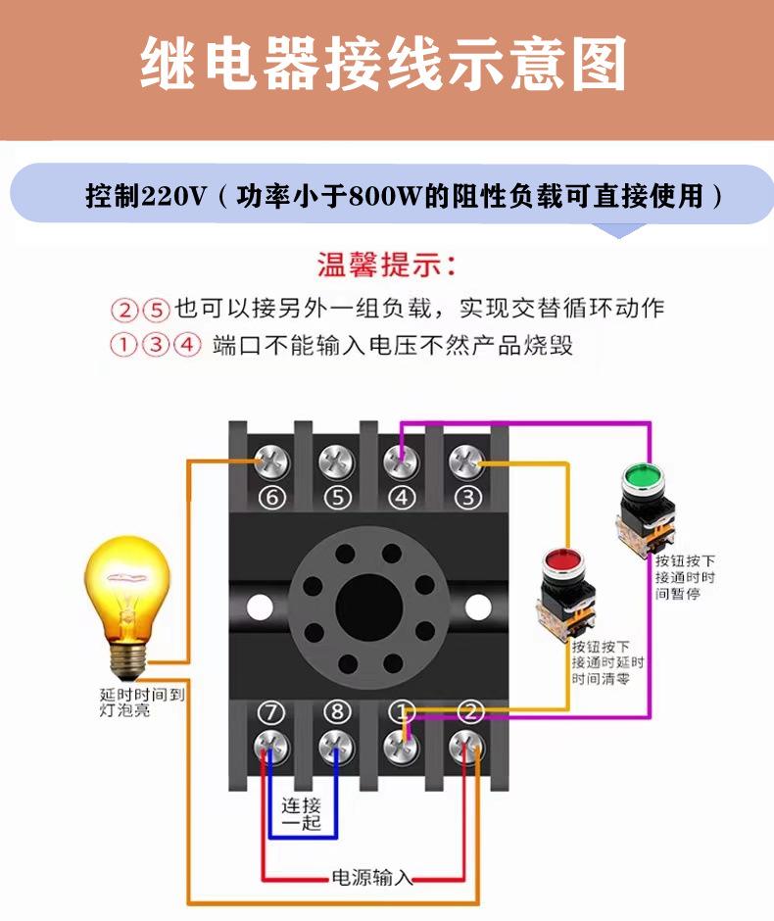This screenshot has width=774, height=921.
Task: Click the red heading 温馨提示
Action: [386, 265]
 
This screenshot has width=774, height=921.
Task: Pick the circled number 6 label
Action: [271, 498]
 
